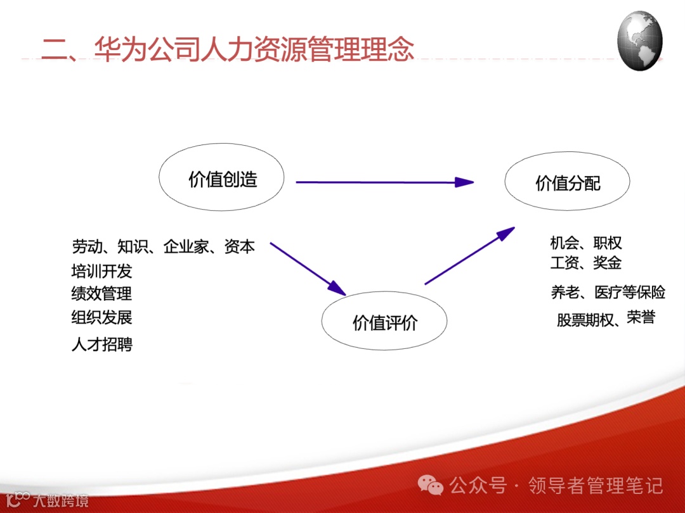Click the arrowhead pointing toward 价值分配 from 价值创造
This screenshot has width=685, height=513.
click(464, 182)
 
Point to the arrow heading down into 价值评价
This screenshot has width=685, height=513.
click(308, 269)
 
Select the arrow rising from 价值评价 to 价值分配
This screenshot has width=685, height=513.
click(470, 256)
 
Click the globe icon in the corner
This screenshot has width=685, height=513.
click(639, 41)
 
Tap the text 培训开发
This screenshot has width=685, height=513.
click(101, 271)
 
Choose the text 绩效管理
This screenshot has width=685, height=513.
click(101, 293)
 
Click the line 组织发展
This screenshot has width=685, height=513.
click(101, 317)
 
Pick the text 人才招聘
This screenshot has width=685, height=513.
click(101, 344)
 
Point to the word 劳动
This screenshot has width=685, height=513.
click(88, 247)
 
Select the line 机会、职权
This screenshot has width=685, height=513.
click(586, 243)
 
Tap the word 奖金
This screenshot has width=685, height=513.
click(607, 263)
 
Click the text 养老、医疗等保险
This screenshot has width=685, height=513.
click(608, 292)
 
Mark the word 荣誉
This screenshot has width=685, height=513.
click(641, 317)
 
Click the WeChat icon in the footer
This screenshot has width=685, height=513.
click(430, 484)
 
